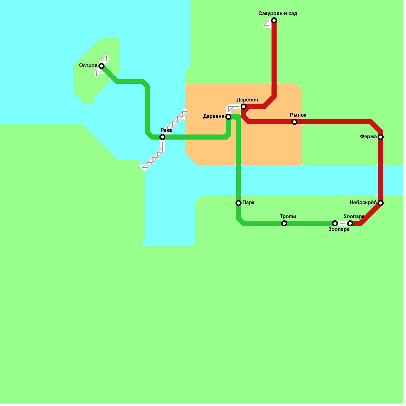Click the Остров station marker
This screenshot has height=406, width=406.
tap(101, 66)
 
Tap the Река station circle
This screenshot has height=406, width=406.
tap(162, 137)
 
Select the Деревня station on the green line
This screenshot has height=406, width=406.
tap(228, 117)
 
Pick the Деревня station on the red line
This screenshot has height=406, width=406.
tap(244, 107)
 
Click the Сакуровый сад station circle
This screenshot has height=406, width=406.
tap(274, 20)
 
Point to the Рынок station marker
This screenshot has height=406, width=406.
tap(294, 122)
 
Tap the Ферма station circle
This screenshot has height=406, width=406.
tap(381, 137)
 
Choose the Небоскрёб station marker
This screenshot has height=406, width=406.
tap(381, 203)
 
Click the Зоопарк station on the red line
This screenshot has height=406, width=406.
tap(350, 223)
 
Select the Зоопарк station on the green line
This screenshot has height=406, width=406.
tap(335, 223)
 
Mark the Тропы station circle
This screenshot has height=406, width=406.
tap(284, 223)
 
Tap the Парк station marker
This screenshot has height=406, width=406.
tap(239, 203)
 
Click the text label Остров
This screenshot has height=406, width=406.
tap(88, 66)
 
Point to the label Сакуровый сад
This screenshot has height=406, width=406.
tap(278, 13)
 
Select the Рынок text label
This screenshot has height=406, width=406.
tap(298, 115)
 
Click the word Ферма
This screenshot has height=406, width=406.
tap(368, 137)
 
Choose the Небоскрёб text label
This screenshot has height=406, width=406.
tap(363, 202)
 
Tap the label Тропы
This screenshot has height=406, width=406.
tap(288, 216)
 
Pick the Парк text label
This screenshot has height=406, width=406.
tap(248, 202)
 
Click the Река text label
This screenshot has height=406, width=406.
tap(166, 130)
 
